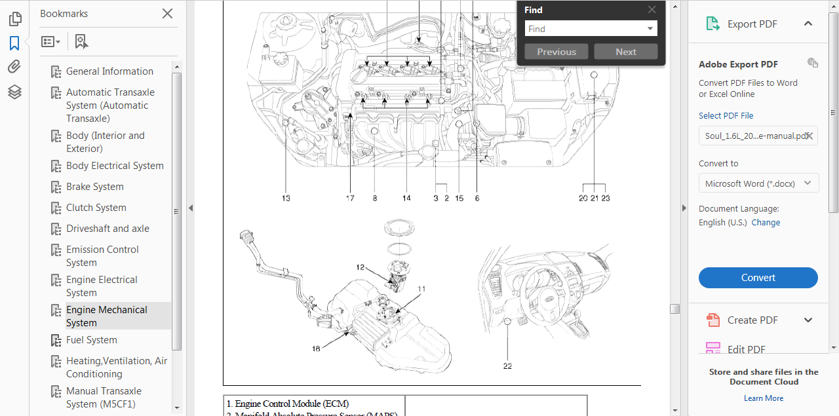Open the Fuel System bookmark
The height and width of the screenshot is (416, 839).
[x=92, y=340]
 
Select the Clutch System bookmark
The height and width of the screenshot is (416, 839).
[x=96, y=208]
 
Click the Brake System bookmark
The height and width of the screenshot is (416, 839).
[x=95, y=187]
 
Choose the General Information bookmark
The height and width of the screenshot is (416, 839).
[x=109, y=71]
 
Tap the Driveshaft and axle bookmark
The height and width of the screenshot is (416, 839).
[x=107, y=229]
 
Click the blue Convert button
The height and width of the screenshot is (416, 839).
[x=758, y=278]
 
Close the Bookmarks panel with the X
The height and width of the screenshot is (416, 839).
[x=167, y=14]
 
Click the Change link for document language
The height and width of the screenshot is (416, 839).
[x=766, y=223]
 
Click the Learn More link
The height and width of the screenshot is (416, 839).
[x=764, y=398]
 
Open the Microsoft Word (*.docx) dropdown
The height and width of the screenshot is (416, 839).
[x=758, y=183]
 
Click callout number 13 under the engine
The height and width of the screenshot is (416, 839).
[x=286, y=198]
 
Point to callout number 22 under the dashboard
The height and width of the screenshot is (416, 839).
[x=507, y=366]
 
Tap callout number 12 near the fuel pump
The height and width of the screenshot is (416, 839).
[x=361, y=267]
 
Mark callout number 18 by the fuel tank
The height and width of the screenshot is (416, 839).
[x=316, y=349]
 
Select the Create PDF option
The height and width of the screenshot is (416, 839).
[x=752, y=320]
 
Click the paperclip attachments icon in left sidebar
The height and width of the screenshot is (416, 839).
[x=14, y=67]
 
